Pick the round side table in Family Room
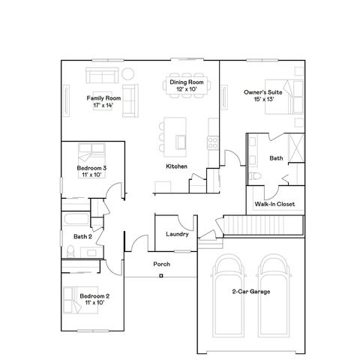(x=127, y=73)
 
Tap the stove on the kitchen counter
(x=213, y=140)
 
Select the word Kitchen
(x=176, y=166)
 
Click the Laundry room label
(x=177, y=235)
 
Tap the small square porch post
(x=161, y=276)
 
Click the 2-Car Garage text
(x=251, y=291)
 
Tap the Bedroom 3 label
(x=91, y=169)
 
